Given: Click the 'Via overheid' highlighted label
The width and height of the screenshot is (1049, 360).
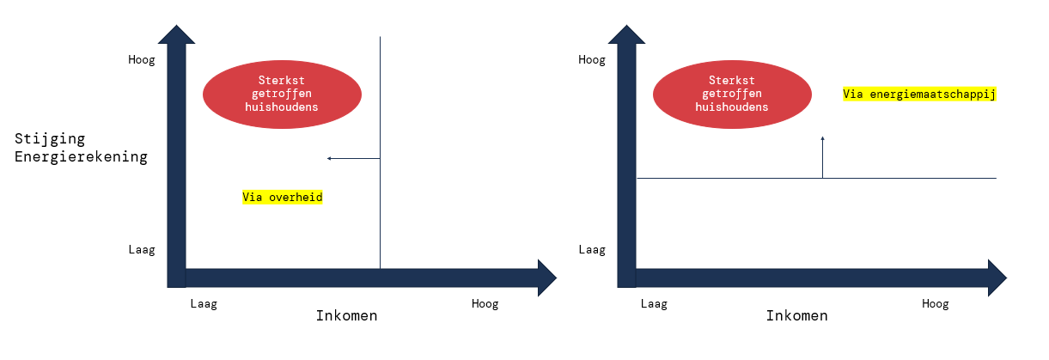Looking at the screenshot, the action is [282, 197].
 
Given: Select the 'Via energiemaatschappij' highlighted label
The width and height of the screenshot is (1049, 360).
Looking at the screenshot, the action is [919, 95].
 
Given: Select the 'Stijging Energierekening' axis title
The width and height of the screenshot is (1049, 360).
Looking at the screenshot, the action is [81, 147].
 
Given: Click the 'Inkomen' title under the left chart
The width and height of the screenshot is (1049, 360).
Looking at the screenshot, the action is [346, 316].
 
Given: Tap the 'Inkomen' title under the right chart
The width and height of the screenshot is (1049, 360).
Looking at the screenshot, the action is [796, 316].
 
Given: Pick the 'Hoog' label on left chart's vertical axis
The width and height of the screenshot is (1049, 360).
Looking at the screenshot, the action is [141, 60].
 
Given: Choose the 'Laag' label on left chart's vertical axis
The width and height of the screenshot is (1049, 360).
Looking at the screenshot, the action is [141, 250].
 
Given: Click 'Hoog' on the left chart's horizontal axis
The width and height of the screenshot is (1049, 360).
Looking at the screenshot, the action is [485, 303].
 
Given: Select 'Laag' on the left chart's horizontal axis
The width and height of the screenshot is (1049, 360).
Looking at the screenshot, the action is [204, 303].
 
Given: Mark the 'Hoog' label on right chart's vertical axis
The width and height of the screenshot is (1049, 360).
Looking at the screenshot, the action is [591, 60].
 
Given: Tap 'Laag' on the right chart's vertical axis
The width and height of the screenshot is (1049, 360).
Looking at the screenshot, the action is [591, 250].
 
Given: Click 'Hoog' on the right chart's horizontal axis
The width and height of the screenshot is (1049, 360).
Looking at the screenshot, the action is [935, 303].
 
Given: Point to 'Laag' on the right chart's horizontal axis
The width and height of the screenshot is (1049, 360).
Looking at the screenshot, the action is [654, 303].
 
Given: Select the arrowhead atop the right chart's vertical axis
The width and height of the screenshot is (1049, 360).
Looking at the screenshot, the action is [627, 36].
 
